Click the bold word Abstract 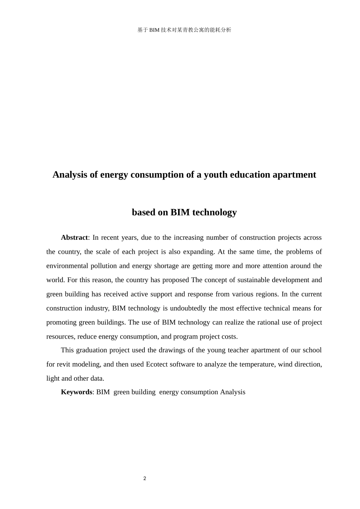pos(74,237)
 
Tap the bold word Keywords pos(76,392)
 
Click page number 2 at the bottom pos(145,478)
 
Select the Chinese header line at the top pos(184,30)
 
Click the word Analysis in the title pos(70,175)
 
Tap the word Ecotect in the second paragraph pos(157,364)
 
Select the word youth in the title pos(215,175)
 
